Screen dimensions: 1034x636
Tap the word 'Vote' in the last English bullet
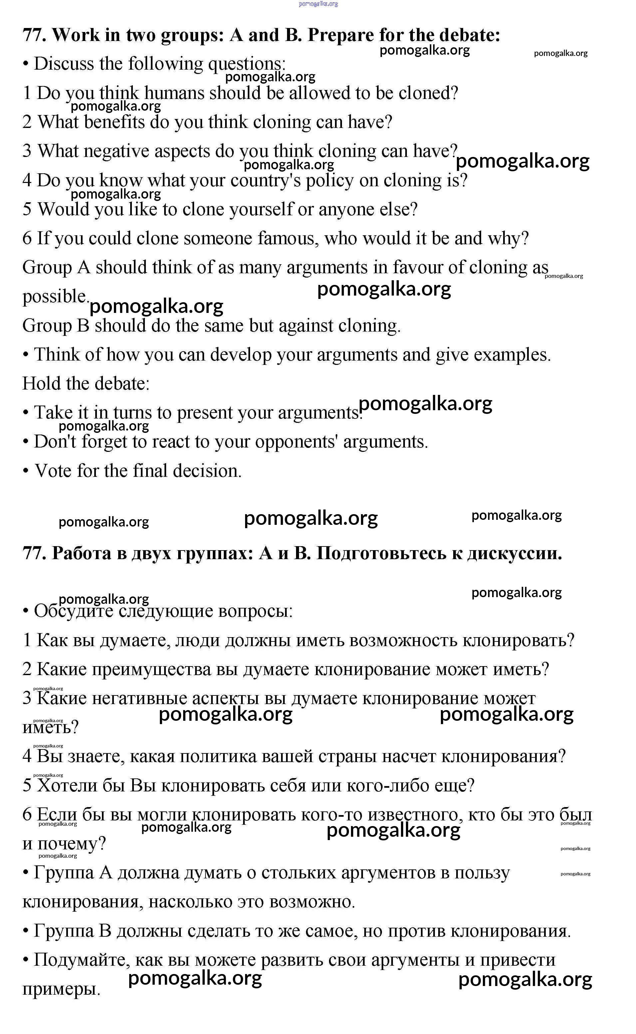coord(53,471)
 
